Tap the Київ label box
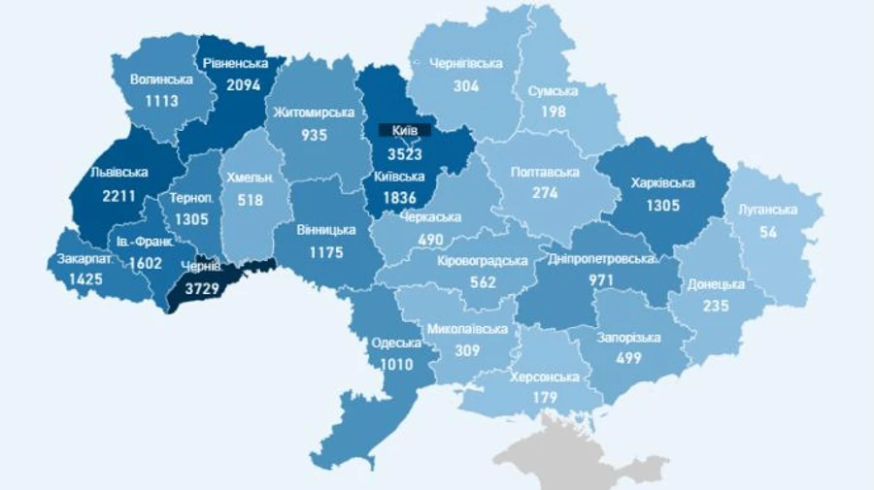pos(398,129)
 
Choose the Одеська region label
pos(396,343)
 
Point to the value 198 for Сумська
pos(553,114)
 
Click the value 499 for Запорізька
pos(628,359)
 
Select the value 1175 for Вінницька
pos(327,252)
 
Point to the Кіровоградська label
pos(483,261)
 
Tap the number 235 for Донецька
pos(717,306)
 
